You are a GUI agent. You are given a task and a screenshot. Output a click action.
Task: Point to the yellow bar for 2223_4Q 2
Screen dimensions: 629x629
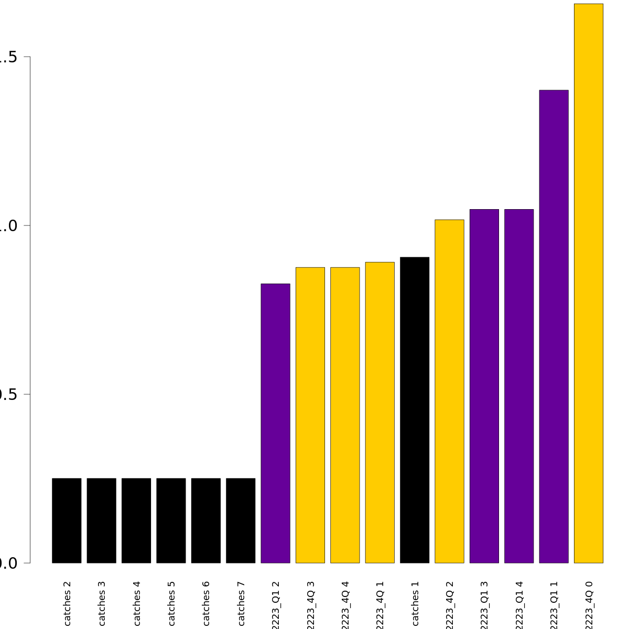(x=449, y=391)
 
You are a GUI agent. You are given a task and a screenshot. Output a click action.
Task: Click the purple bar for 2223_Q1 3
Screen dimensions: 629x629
(x=484, y=386)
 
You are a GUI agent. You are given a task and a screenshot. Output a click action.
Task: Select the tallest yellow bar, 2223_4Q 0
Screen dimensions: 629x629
(x=589, y=283)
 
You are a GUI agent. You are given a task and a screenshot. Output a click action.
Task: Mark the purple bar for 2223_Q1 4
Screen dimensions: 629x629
(x=519, y=386)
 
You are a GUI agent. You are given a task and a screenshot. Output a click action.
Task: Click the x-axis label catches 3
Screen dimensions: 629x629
(x=102, y=603)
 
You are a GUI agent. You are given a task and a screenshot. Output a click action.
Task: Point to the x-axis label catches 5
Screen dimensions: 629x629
(x=171, y=603)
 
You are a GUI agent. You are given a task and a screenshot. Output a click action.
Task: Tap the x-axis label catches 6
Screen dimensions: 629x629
(x=206, y=603)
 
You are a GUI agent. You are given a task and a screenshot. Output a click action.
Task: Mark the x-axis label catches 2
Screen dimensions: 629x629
(x=67, y=603)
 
